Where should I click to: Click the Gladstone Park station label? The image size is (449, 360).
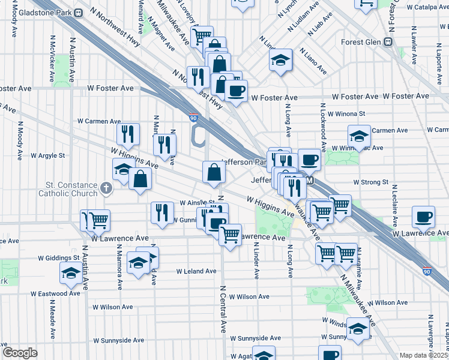pos(43,13)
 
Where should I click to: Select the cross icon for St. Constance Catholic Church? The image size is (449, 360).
pos(106,188)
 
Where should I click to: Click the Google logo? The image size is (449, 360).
pos(20,353)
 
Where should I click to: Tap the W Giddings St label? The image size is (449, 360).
pos(59,257)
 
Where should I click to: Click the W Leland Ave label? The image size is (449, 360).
pos(196,271)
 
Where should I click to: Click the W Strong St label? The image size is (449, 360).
pos(371,182)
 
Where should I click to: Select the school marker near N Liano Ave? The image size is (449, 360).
pos(280,61)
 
